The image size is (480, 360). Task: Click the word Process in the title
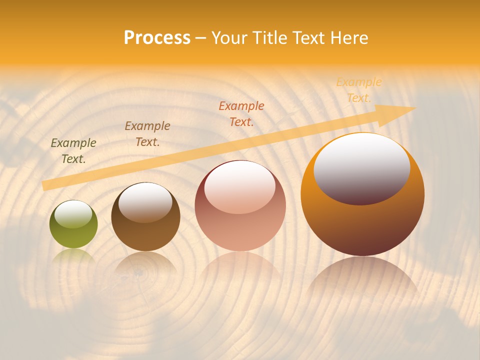tap(157, 37)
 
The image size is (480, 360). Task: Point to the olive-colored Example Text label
tap(73, 151)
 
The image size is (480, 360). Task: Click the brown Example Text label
tap(147, 134)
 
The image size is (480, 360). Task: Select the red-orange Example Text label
tap(241, 114)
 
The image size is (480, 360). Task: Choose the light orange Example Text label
tap(359, 90)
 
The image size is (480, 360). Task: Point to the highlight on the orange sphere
tap(362, 167)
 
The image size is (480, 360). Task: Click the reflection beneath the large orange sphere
tap(363, 280)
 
